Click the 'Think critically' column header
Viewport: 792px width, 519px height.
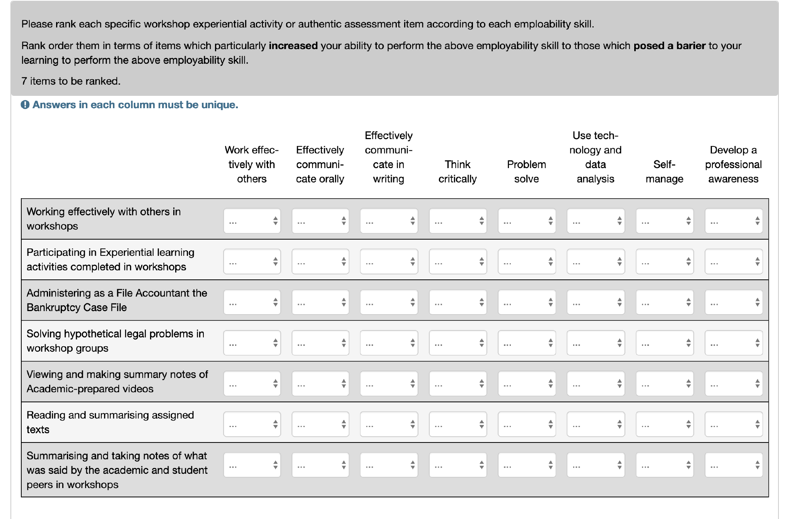pos(457,172)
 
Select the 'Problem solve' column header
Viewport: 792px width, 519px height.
pos(526,172)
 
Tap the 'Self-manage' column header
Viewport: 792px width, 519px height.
pos(664,172)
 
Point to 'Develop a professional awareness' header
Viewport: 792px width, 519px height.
pos(733,164)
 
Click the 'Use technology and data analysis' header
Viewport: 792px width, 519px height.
pos(595,157)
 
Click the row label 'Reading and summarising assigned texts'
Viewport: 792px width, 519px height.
pos(110,422)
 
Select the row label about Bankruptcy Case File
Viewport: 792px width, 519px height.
pos(117,300)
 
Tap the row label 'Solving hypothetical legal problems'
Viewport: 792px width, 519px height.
pos(115,341)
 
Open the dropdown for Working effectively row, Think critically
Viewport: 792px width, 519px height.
pos(457,221)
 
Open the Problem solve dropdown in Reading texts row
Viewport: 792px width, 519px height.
pos(526,424)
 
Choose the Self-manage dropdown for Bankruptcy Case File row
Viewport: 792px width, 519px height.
pos(664,302)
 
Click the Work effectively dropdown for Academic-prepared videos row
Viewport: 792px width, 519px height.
pos(252,383)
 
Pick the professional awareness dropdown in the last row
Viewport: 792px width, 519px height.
pos(733,465)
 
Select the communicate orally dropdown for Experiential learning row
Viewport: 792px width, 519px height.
pos(320,262)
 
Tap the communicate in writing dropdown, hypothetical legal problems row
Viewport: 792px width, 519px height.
pos(389,343)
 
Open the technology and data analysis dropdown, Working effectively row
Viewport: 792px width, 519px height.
pos(596,221)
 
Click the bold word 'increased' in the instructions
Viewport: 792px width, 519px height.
pos(293,46)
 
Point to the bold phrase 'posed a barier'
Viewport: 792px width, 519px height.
pos(669,46)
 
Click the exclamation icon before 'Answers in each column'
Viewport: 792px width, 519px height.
pos(25,105)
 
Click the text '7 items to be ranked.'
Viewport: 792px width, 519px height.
pos(71,81)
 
